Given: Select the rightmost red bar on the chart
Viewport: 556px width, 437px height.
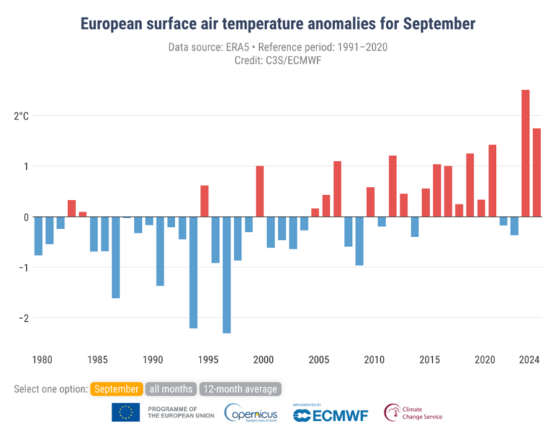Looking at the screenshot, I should click(536, 172).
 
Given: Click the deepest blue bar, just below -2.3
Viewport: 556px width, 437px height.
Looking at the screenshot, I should click(227, 275).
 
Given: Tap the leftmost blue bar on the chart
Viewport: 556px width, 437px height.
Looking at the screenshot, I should click(38, 236).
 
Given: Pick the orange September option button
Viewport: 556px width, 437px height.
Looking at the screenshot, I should click(116, 389).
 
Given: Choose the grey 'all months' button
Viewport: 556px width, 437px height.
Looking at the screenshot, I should click(171, 389).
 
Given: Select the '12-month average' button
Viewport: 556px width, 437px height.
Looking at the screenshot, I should click(238, 389).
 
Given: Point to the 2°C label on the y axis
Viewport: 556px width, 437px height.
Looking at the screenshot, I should click(22, 116).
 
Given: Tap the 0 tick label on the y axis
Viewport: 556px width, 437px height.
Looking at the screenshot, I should click(26, 217).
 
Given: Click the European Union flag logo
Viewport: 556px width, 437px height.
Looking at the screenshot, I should click(126, 413).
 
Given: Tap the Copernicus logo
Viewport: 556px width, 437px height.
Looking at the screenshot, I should click(250, 413).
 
